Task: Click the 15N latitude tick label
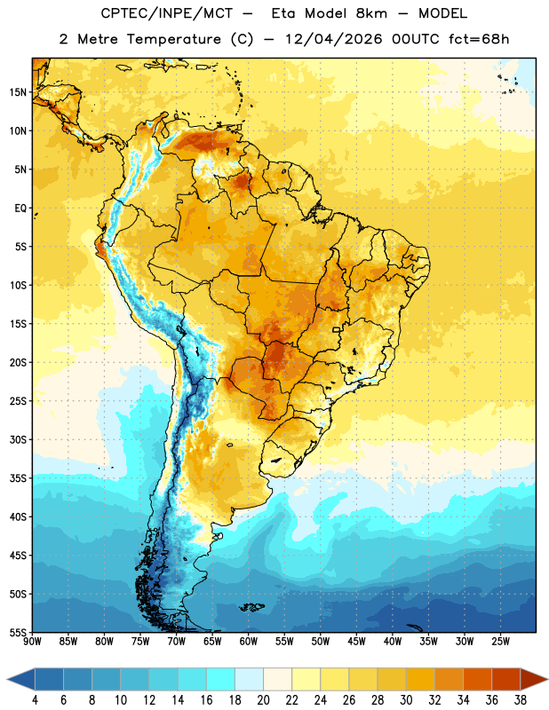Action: [18, 92]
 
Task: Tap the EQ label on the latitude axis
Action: [20, 209]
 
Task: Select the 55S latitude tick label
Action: [18, 632]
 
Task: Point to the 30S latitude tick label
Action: [18, 439]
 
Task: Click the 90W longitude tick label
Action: [32, 642]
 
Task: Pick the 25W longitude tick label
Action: [500, 642]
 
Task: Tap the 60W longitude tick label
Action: [249, 642]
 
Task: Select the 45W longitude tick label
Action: [356, 642]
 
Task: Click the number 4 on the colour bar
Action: [35, 700]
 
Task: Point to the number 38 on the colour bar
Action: [521, 700]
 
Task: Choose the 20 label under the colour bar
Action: [263, 700]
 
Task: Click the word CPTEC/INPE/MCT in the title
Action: [166, 13]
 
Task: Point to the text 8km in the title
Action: [371, 13]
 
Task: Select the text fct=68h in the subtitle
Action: [479, 39]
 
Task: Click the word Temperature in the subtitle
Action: [173, 39]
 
